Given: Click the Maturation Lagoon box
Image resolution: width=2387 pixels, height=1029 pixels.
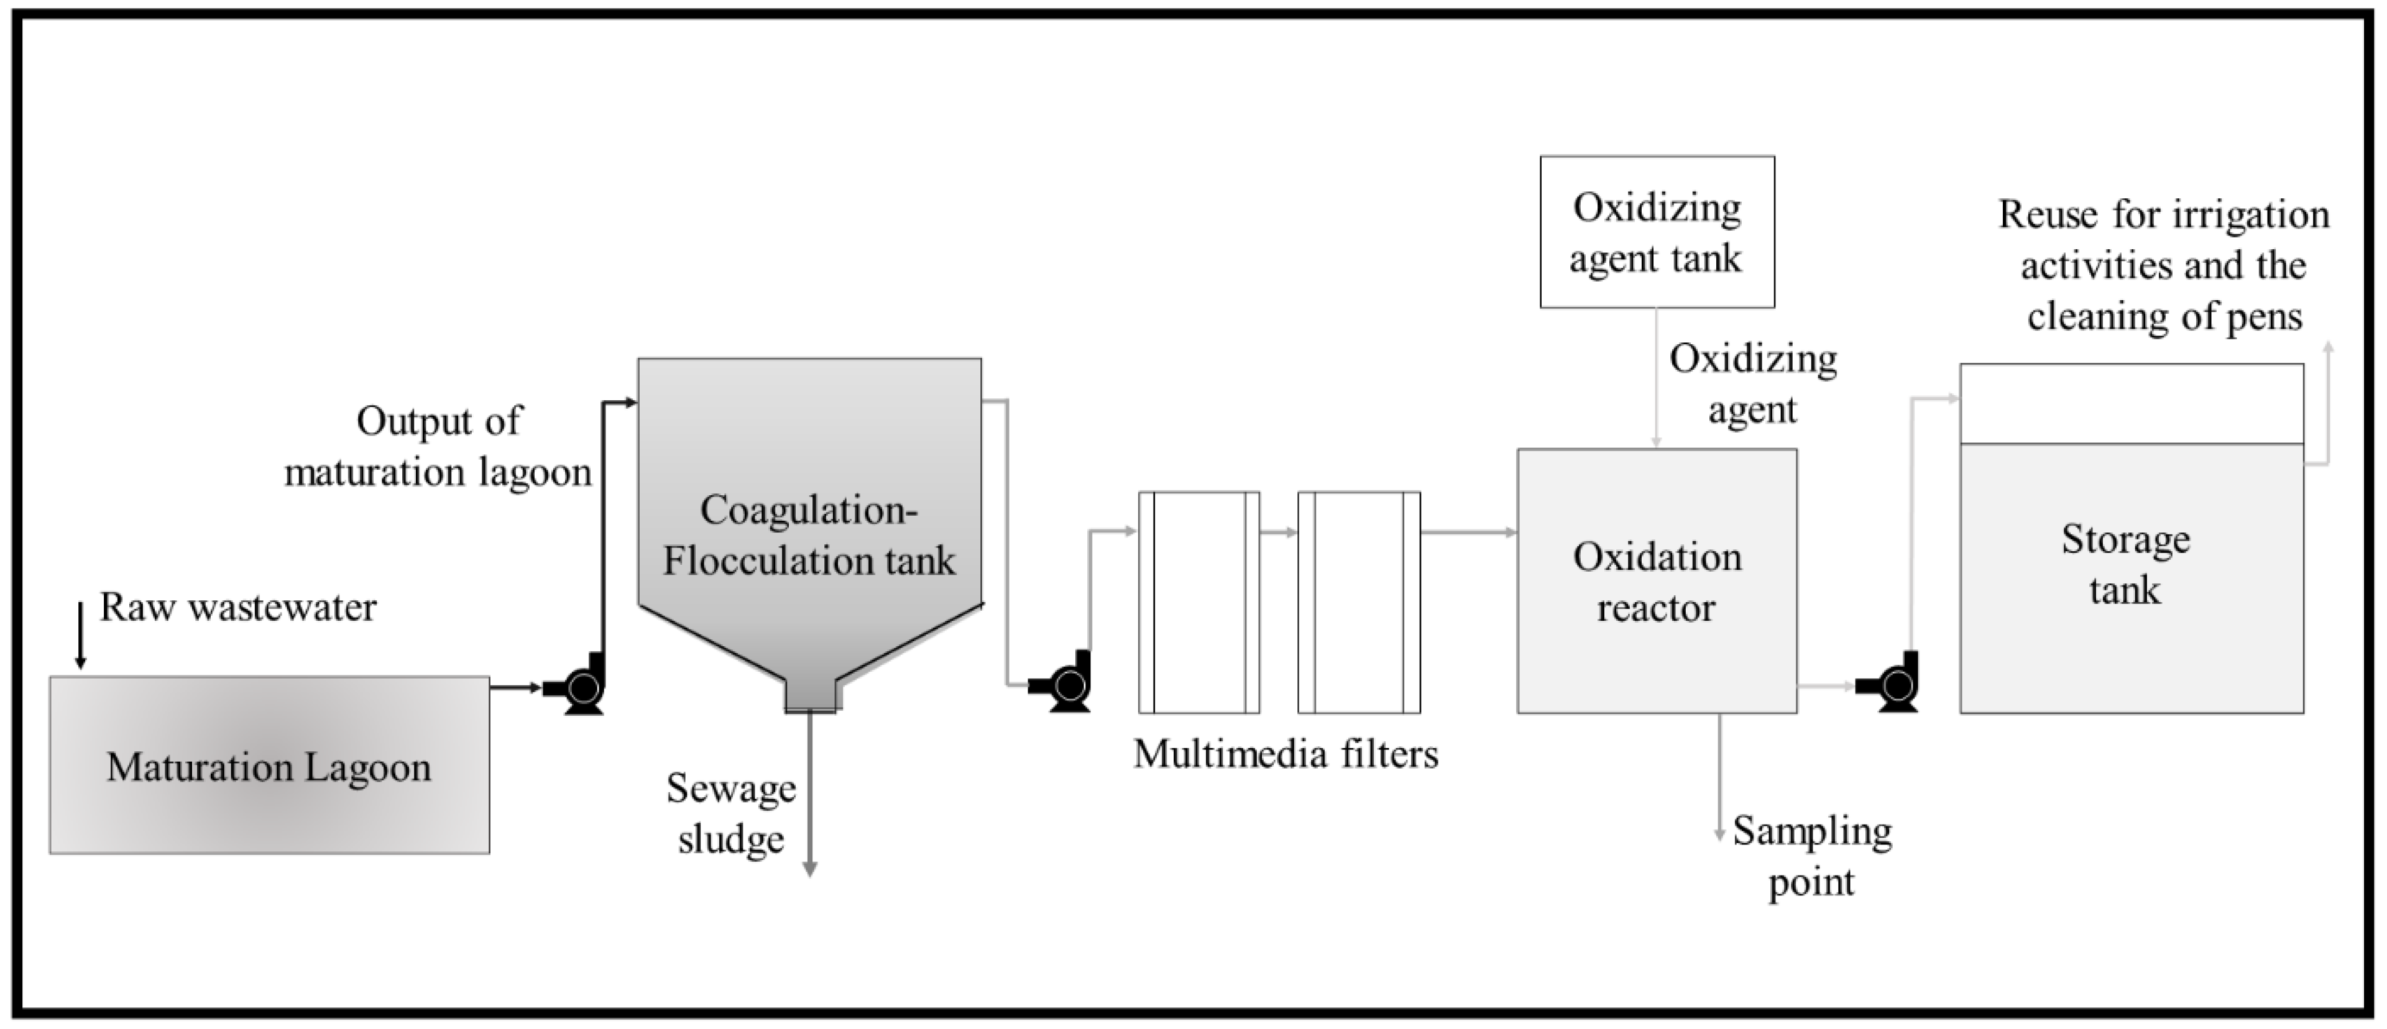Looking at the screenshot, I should [x=269, y=765].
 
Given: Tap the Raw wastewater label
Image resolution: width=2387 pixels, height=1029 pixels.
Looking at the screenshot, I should [x=238, y=608].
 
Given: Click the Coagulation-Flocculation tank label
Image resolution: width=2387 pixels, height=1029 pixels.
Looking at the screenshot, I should [x=809, y=536].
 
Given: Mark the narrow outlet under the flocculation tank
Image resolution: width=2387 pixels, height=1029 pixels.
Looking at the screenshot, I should [x=812, y=695].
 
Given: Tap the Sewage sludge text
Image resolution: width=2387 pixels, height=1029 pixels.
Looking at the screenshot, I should [x=731, y=813].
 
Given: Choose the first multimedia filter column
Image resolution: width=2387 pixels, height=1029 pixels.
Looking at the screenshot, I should [x=1199, y=602].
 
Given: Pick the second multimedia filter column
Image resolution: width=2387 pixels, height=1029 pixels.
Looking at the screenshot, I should [x=1358, y=602].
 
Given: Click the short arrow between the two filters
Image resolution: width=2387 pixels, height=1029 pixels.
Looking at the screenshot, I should [x=1279, y=533].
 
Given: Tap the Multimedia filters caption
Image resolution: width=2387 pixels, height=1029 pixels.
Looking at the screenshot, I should [x=1286, y=754].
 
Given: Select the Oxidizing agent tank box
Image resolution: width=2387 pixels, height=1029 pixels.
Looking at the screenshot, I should [x=1657, y=232].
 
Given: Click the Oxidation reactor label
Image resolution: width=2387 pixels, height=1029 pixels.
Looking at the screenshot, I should [x=1657, y=582].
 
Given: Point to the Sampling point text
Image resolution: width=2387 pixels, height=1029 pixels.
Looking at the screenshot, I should [x=1811, y=856].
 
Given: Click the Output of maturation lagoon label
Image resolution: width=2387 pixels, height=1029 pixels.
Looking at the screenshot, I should [x=438, y=446].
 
